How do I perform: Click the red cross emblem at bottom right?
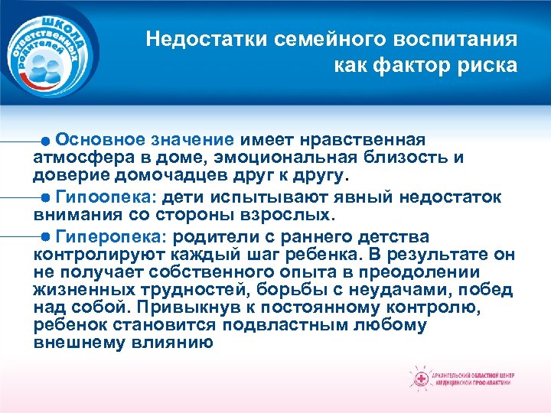click(x=420, y=378)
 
